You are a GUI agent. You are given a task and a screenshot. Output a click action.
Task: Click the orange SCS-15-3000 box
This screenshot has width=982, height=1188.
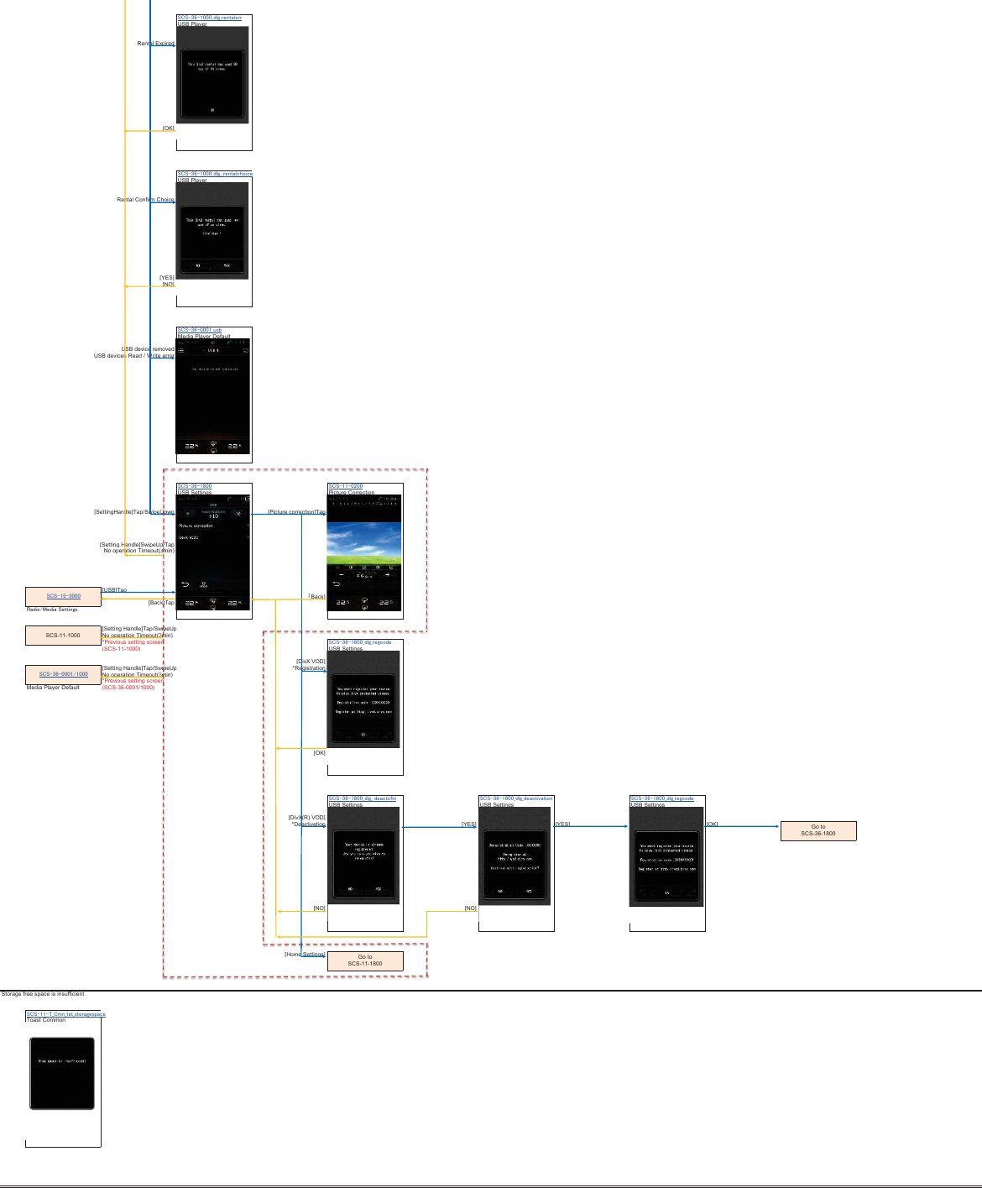[x=63, y=596]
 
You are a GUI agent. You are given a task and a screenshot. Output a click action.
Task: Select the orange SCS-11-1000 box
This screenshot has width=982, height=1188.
[x=63, y=636]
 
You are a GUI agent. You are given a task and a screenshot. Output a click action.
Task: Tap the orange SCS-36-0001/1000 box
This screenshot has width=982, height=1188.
[x=63, y=674]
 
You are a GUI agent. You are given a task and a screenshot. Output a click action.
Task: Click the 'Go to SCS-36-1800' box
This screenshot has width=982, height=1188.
[x=818, y=830]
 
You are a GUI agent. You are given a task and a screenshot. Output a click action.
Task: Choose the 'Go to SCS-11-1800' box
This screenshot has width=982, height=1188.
[x=365, y=960]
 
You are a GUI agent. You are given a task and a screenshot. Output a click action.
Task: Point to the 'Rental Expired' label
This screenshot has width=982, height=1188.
[x=155, y=44]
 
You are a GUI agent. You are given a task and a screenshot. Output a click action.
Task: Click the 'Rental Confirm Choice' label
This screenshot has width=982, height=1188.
[x=145, y=200]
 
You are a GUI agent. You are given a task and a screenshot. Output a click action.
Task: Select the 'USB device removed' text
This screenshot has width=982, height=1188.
[x=148, y=349]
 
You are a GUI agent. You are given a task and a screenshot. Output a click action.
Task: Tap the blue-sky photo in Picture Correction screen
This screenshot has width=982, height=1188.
[x=364, y=542]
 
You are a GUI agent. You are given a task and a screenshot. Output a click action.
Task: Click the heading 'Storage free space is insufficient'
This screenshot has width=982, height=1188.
[x=43, y=994]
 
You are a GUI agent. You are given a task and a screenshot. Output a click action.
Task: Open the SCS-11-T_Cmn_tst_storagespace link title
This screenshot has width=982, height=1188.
[x=66, y=1014]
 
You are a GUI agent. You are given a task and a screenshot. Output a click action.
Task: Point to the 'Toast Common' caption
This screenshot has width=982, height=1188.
[x=46, y=1020]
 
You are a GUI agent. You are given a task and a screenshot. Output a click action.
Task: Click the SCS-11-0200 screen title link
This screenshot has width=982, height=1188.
[x=346, y=486]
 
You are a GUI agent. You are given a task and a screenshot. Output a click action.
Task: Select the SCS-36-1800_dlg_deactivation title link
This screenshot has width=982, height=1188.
[x=516, y=798]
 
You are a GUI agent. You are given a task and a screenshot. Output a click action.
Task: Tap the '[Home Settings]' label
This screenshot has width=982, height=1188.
[x=305, y=955]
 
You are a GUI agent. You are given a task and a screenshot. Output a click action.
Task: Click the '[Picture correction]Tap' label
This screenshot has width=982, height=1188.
[x=296, y=512]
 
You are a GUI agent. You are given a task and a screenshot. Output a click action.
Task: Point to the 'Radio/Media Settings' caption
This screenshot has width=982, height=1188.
[x=52, y=610]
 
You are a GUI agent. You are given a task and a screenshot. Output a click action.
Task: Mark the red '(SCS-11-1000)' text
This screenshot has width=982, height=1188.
[x=122, y=649]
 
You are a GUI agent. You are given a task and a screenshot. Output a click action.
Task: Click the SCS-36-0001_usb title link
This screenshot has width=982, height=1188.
[x=200, y=330]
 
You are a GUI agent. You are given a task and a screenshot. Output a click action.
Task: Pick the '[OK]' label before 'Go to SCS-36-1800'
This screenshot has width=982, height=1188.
[x=712, y=824]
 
